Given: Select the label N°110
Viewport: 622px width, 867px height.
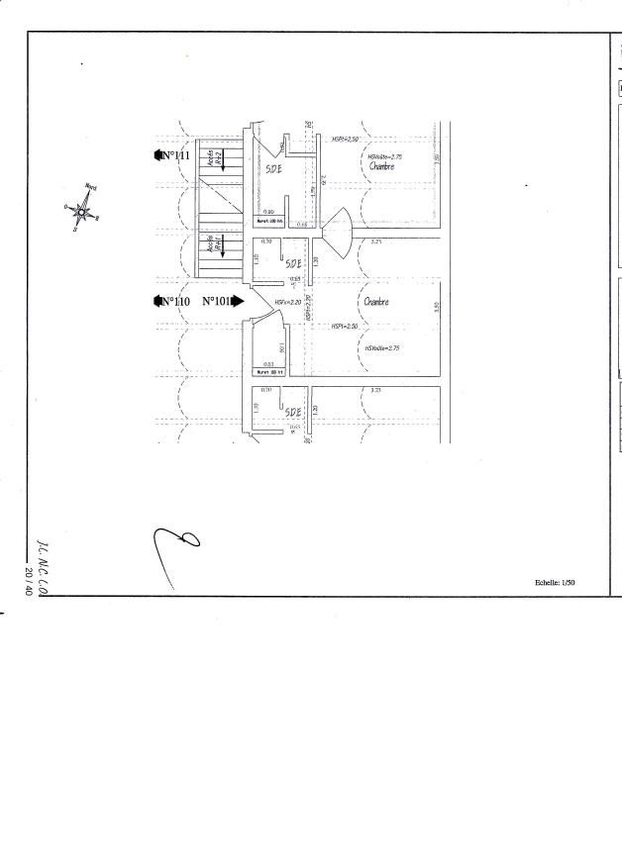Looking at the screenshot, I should (x=174, y=301).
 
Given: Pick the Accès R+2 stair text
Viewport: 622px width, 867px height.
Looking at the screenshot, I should (x=210, y=160).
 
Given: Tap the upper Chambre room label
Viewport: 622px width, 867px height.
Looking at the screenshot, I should (x=382, y=167).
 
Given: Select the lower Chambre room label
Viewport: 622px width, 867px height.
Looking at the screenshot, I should (x=376, y=302).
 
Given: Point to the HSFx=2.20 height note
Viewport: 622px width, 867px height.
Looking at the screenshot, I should (x=288, y=302).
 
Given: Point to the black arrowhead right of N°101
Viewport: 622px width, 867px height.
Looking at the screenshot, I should (x=238, y=301).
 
